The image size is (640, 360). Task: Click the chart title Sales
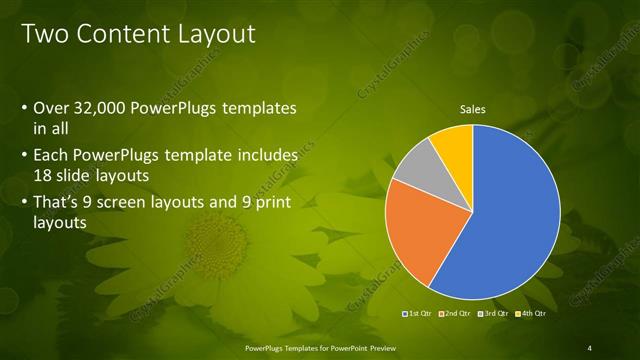(472, 109)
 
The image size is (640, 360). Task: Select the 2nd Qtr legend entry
(455, 314)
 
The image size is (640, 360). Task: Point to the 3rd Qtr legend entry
(492, 314)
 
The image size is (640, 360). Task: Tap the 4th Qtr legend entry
(530, 314)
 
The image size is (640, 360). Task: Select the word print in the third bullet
(270, 203)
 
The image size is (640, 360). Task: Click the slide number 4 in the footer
(590, 347)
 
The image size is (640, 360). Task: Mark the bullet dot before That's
(24, 204)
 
